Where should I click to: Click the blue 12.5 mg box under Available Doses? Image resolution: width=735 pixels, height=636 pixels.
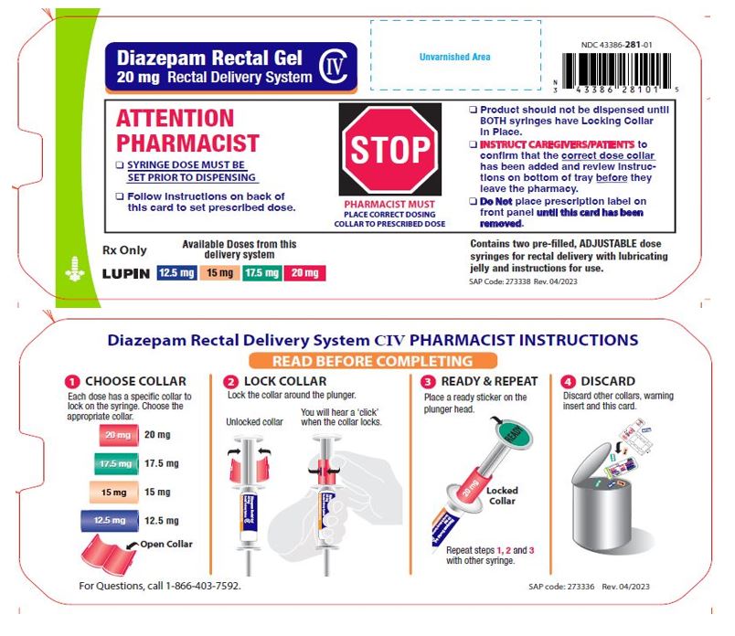click(x=176, y=273)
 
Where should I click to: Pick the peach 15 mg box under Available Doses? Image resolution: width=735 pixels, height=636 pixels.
click(x=218, y=273)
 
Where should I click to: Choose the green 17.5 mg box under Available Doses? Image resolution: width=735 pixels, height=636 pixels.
click(x=262, y=273)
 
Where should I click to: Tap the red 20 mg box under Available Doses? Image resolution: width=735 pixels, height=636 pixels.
click(x=305, y=273)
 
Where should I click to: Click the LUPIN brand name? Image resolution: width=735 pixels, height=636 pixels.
click(x=125, y=273)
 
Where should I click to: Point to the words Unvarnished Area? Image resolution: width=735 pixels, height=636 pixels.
click(x=454, y=57)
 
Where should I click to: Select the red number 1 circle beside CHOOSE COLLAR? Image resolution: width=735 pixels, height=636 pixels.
click(x=71, y=381)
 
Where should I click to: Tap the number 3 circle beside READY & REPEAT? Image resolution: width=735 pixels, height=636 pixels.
click(x=428, y=381)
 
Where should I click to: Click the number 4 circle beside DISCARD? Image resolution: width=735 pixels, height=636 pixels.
click(x=568, y=381)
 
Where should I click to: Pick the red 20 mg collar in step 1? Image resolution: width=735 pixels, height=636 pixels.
click(x=115, y=435)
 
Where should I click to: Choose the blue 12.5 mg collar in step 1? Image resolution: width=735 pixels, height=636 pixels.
click(x=111, y=521)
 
